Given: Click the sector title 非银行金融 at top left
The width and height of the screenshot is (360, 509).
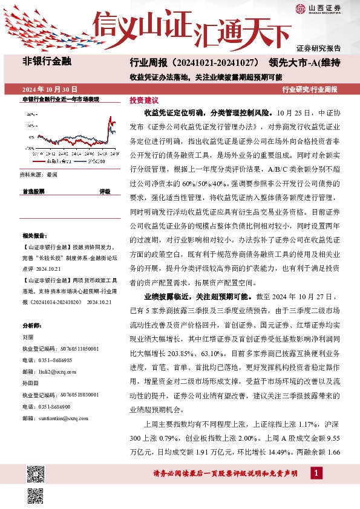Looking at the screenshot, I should [47, 61].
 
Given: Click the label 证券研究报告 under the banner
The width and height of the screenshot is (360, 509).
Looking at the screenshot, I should [319, 48].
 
